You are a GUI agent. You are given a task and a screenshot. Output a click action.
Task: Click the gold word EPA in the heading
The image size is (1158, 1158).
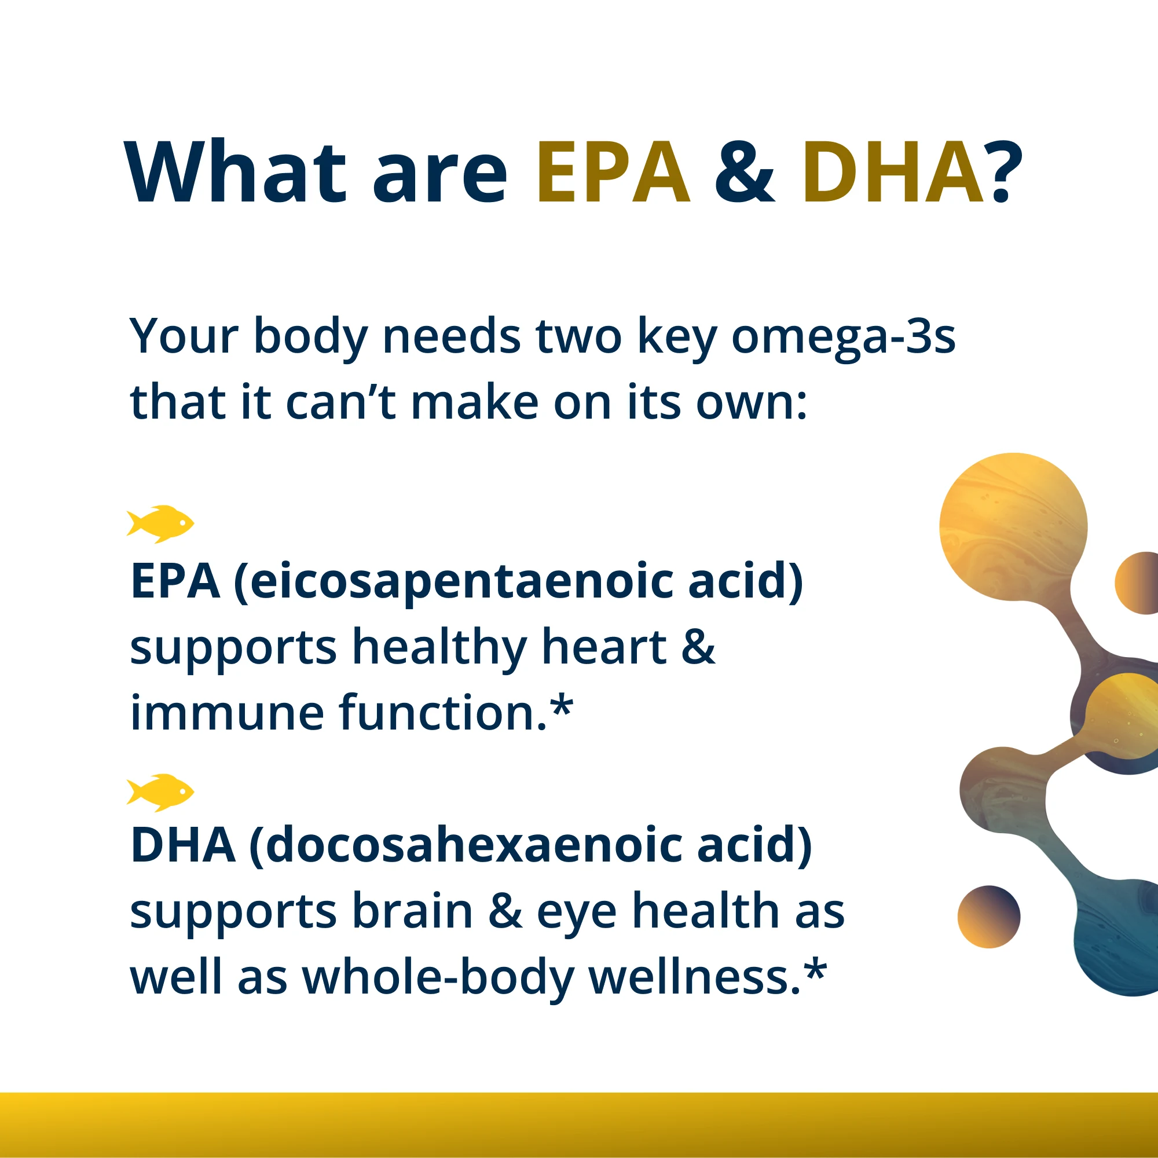613,173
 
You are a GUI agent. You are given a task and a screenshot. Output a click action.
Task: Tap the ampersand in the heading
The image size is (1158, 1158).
745,174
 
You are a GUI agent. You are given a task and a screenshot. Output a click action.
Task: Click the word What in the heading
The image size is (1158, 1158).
235,173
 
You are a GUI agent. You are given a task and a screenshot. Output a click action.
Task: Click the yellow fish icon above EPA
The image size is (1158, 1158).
160,524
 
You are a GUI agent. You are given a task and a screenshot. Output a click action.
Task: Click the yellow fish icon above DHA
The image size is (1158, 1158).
160,793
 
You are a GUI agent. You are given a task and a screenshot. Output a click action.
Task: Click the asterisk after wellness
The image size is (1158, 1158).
815,973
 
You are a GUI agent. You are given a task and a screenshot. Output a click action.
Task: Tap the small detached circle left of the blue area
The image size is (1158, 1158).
988,917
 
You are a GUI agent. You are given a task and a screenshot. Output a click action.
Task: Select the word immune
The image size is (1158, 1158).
226,713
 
